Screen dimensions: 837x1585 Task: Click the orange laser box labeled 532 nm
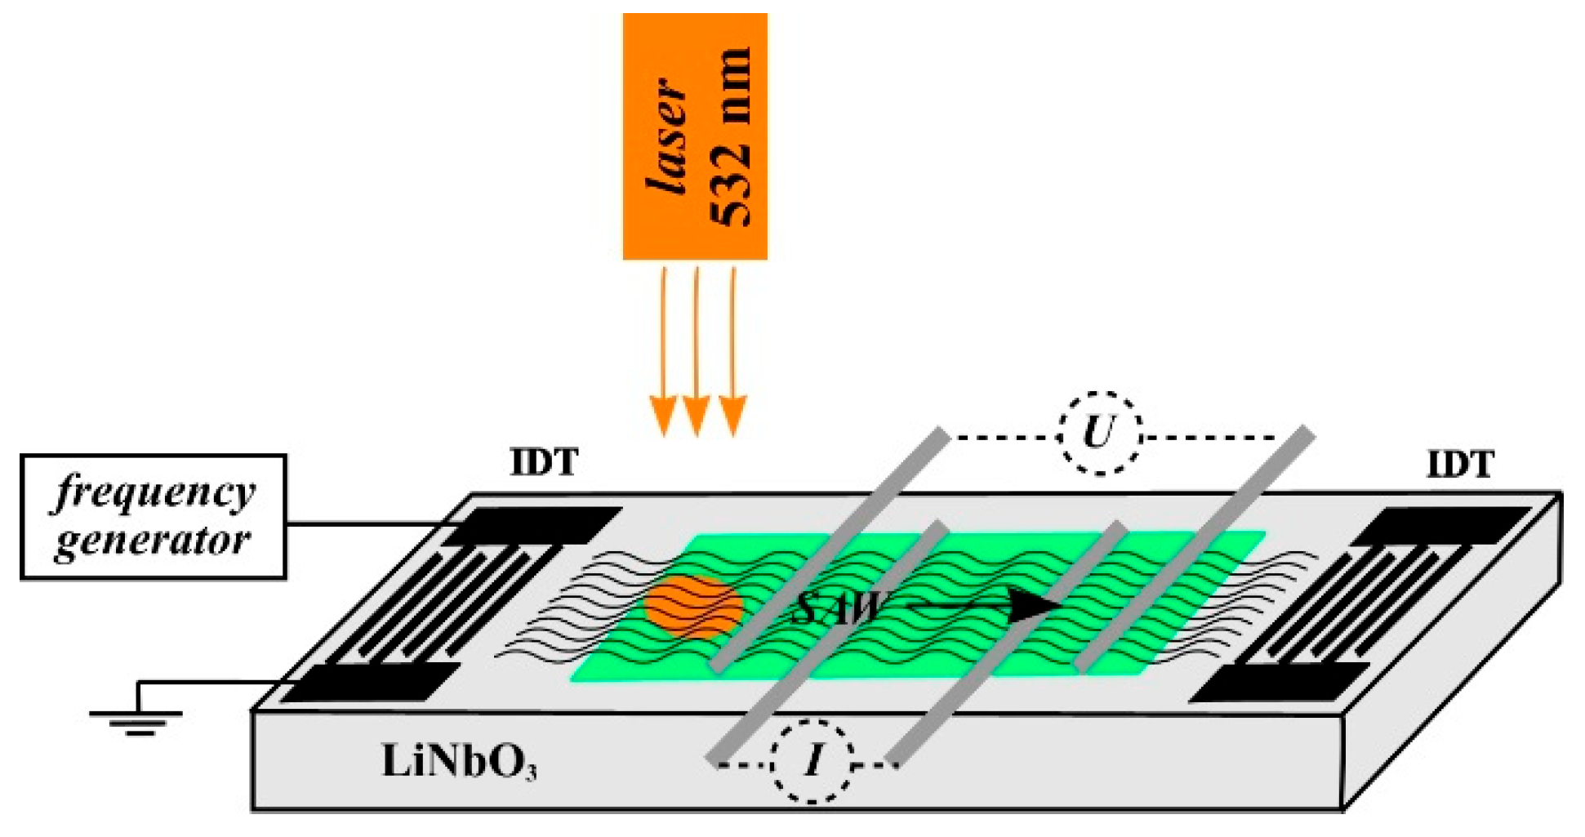point(694,136)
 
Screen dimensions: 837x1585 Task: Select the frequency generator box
point(153,517)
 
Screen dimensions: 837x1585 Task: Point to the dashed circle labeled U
point(1099,433)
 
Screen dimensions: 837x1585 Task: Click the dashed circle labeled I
point(813,761)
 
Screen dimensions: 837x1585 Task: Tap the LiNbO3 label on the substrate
point(459,762)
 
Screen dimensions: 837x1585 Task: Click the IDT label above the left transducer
point(544,463)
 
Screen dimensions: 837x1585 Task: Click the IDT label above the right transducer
point(1459,465)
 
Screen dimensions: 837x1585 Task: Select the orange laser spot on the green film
point(692,607)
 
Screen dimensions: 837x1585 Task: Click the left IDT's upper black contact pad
point(531,526)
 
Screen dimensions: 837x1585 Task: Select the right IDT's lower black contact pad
point(1278,683)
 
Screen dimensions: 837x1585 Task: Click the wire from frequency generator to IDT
point(367,523)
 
